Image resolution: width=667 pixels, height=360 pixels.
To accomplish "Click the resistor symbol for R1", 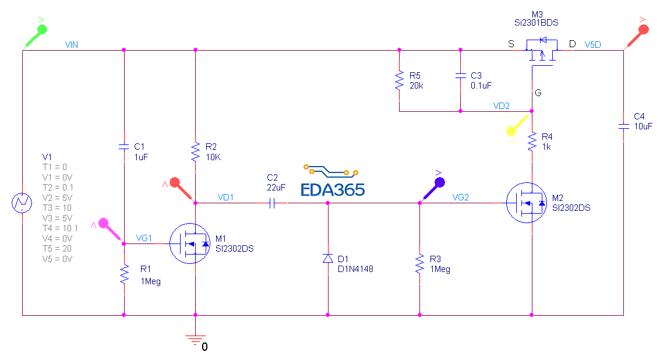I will [x=124, y=274].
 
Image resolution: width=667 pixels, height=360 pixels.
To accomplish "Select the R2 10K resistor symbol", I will [x=195, y=153].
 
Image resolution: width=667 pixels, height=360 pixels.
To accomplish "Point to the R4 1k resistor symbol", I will [x=532, y=142].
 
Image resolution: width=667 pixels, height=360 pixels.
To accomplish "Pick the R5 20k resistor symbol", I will [x=399, y=80].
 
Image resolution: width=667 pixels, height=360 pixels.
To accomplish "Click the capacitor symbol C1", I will [x=124, y=146].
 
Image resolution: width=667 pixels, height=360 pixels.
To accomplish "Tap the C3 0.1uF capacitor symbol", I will [x=460, y=76].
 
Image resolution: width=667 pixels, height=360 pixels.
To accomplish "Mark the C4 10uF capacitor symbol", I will [x=623, y=125].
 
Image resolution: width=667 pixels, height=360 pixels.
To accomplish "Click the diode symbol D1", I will [x=327, y=258].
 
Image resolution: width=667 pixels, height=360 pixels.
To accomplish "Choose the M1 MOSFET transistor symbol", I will [x=190, y=243].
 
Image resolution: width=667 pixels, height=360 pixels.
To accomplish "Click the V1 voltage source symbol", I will [x=22, y=203].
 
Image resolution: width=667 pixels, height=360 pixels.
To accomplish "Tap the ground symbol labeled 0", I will [x=195, y=338].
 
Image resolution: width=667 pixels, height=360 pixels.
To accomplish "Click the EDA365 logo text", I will [x=333, y=189].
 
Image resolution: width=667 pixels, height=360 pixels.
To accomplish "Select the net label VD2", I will [x=502, y=106].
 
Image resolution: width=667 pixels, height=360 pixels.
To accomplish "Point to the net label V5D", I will [x=594, y=44].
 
